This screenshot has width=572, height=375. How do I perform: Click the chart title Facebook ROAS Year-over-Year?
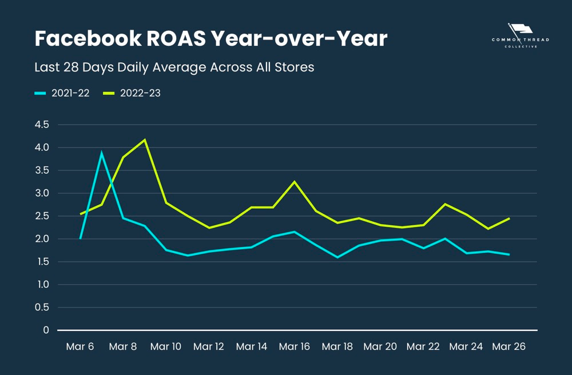210,39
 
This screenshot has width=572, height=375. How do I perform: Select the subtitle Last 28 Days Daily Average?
174,67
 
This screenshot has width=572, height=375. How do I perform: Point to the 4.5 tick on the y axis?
42,125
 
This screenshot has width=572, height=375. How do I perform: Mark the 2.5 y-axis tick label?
42,216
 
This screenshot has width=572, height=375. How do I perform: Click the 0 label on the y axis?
46,330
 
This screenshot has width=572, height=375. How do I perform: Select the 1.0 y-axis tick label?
42,285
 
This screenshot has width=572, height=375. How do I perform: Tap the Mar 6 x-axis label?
80,346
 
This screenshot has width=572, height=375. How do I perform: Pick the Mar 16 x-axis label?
294,346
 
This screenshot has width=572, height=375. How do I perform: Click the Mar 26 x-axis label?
509,346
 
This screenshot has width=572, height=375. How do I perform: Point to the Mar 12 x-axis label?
208,346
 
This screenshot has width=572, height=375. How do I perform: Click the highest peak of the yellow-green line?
145,139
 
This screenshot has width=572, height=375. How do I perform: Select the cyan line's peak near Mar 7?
102,153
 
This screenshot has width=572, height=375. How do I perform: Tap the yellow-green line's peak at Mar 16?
295,182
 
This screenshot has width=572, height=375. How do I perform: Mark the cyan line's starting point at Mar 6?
81,238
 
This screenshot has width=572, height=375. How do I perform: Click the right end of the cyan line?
509,254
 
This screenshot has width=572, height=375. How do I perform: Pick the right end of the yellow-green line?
509,218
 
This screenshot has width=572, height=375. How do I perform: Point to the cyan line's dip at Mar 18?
337,257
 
